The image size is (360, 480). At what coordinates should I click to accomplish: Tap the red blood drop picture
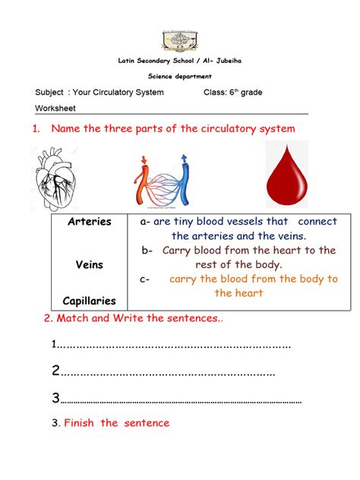click(292, 175)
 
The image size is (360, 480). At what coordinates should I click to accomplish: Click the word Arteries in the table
click(90, 222)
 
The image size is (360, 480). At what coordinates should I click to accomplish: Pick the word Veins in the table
click(90, 265)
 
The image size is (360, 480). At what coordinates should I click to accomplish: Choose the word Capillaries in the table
click(90, 301)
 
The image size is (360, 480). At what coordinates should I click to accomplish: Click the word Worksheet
click(56, 109)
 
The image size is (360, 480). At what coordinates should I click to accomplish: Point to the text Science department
click(180, 76)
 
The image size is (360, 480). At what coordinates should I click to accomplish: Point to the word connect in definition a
click(317, 223)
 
